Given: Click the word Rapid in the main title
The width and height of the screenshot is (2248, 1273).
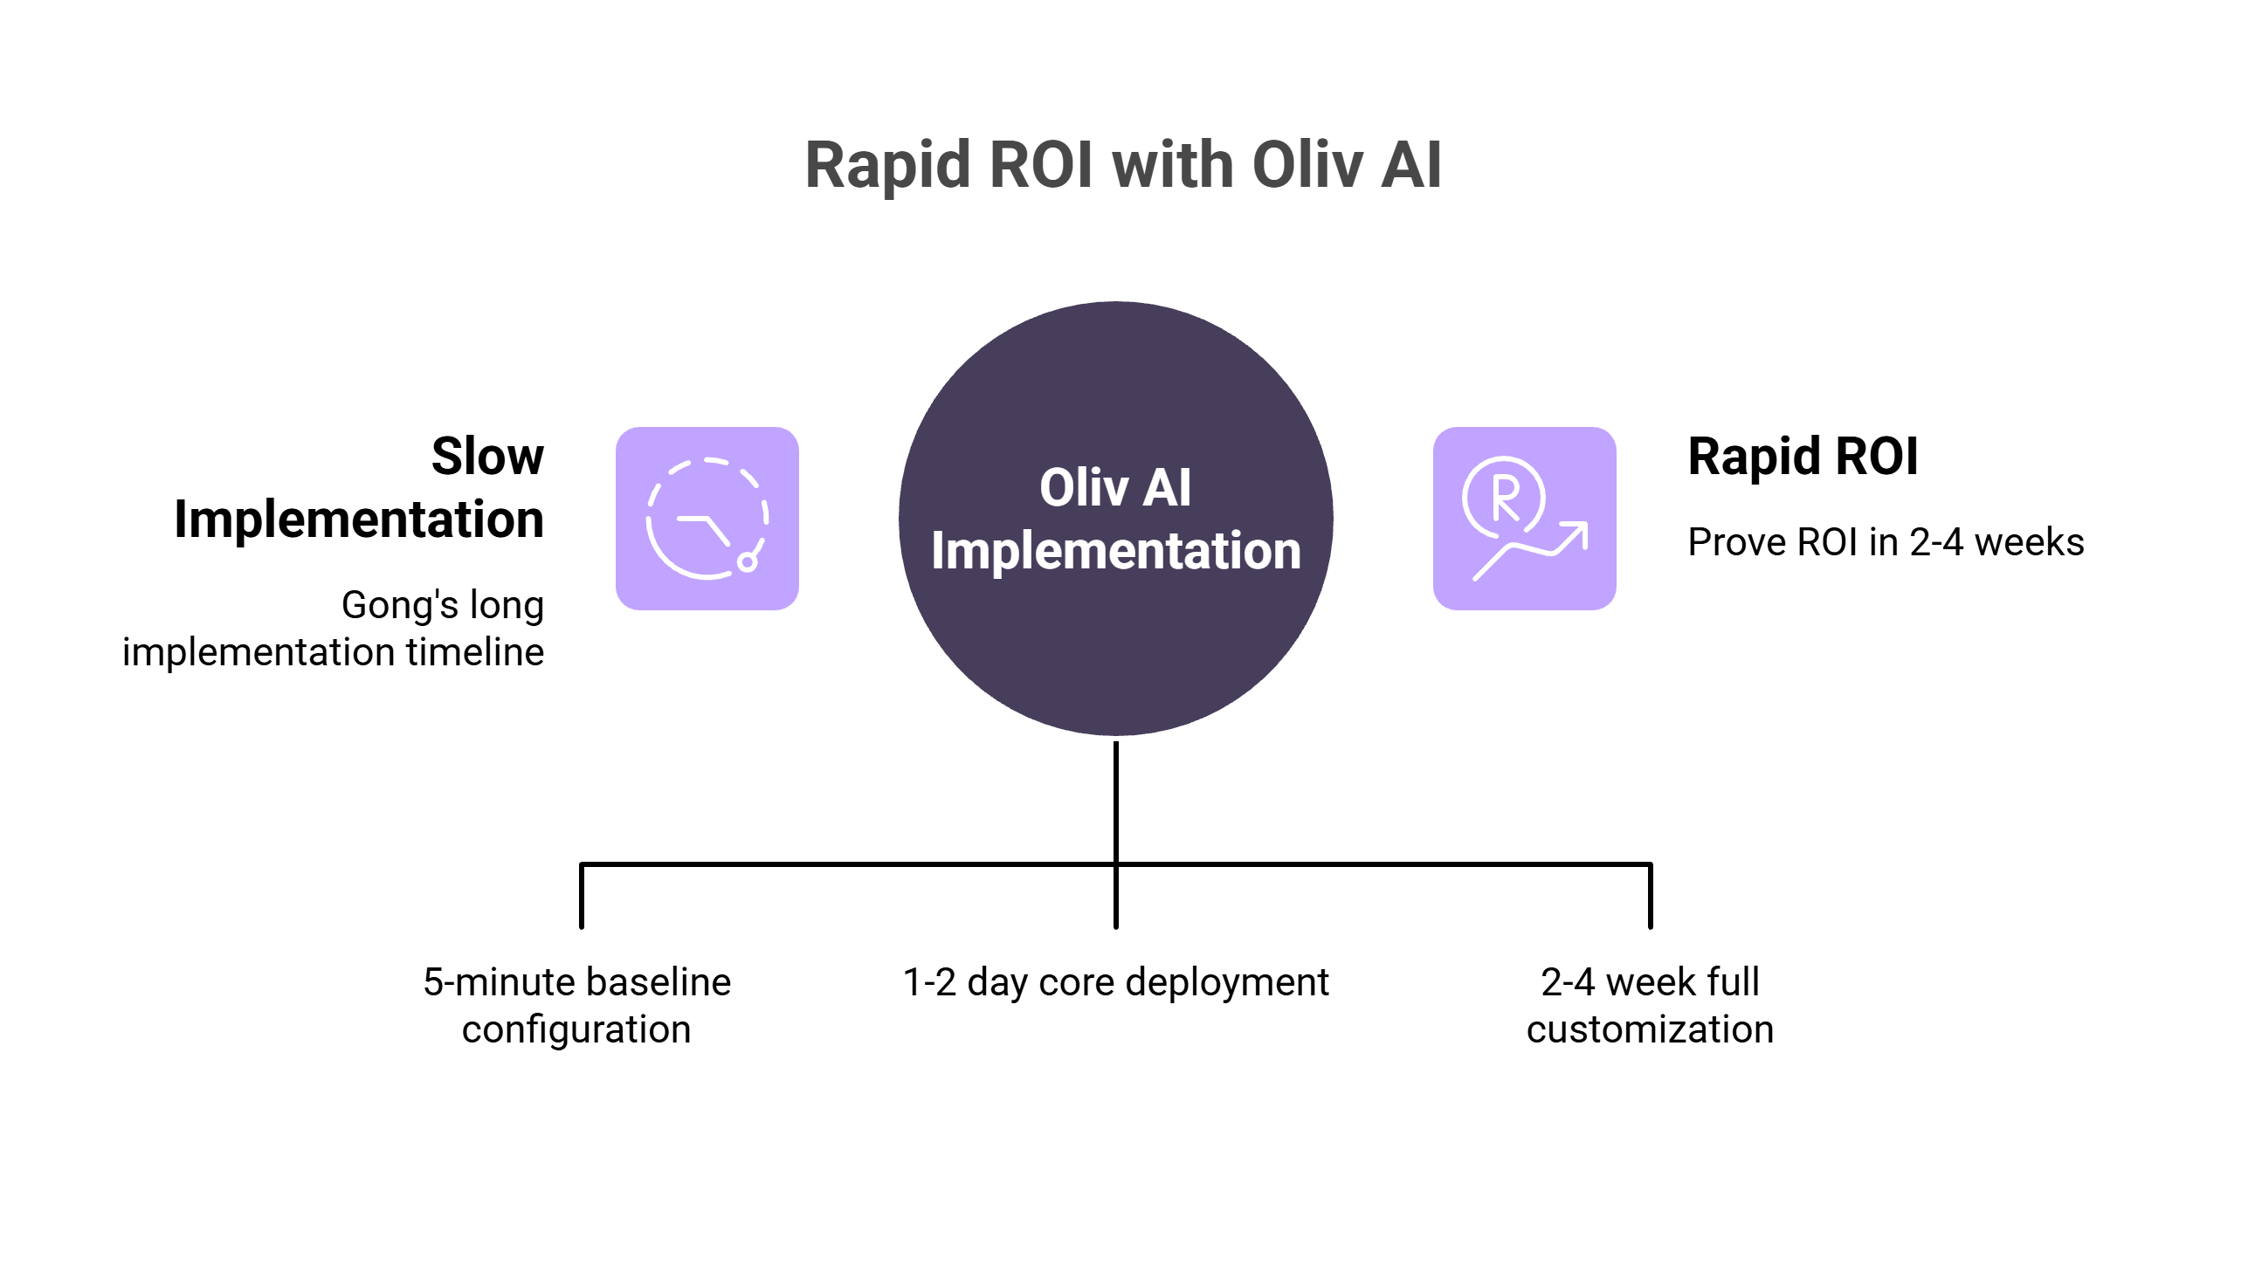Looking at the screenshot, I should [x=886, y=165].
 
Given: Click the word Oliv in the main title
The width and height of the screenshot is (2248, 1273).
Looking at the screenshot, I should [x=1307, y=165].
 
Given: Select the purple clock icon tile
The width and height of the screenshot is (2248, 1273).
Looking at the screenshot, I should [x=707, y=519].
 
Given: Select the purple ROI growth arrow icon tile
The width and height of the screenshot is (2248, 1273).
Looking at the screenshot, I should [x=1524, y=519].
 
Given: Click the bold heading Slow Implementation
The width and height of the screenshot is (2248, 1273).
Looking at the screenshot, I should [x=358, y=488].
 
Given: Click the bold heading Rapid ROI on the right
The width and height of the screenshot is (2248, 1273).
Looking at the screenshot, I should [x=1802, y=457].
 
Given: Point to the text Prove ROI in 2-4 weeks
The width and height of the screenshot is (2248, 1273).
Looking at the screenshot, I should [x=1886, y=542].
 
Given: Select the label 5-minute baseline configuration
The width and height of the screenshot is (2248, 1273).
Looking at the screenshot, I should [x=577, y=1006].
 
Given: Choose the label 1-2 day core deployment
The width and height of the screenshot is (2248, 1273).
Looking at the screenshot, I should [x=1115, y=982].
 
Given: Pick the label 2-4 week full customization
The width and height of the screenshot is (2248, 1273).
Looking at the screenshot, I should [x=1650, y=1006].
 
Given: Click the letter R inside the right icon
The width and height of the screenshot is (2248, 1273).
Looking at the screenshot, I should [x=1505, y=498].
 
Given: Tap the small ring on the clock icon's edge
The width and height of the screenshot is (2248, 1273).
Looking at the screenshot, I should [x=747, y=562].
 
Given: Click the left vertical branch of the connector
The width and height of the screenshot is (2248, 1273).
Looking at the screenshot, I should [x=582, y=896].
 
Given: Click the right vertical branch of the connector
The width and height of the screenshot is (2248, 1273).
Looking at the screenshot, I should [x=1650, y=896].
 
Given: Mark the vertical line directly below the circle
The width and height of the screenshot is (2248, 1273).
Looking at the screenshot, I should [x=1115, y=800].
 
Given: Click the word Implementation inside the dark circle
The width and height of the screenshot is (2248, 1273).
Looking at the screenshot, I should [x=1115, y=551].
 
